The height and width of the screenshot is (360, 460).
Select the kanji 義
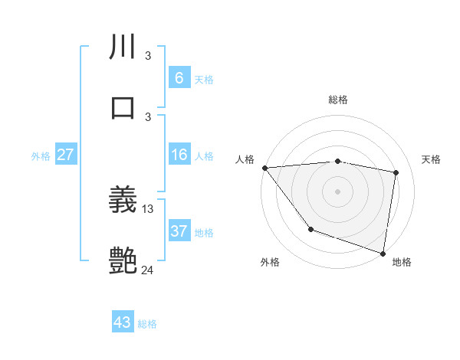[123, 201]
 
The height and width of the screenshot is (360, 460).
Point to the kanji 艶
[123, 261]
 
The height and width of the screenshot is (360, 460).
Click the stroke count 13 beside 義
[148, 209]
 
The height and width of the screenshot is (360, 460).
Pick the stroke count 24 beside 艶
[148, 270]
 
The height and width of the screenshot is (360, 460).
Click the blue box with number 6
[179, 78]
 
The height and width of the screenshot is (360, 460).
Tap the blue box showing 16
[179, 155]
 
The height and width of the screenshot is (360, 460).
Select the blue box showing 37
[179, 231]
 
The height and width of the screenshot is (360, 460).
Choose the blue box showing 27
[65, 155]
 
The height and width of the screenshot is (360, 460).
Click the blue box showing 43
[123, 322]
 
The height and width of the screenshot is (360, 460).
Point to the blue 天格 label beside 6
[204, 79]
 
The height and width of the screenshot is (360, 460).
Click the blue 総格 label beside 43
[147, 323]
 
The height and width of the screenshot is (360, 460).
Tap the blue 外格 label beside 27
[41, 155]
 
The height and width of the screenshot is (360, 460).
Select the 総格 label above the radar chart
[337, 100]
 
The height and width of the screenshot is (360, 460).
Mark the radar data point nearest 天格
[396, 172]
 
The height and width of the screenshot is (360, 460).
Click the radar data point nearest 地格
[383, 253]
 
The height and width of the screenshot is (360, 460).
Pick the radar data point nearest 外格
[310, 229]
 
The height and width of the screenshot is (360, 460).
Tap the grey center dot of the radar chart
[337, 191]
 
